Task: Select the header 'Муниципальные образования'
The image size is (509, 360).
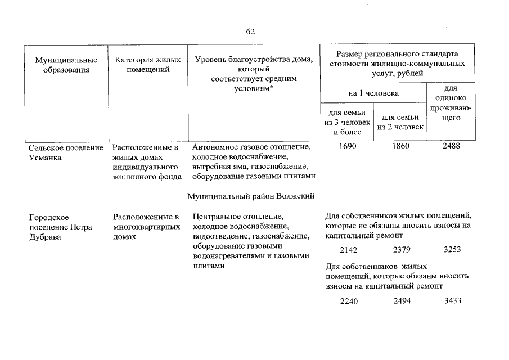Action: tap(66, 65)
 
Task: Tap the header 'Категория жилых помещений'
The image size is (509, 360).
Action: tap(147, 64)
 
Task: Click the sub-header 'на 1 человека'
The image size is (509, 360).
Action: tap(373, 93)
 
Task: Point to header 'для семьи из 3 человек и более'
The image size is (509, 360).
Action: tap(347, 122)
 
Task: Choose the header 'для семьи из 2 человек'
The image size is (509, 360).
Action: tap(401, 122)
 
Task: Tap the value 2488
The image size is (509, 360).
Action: tap(452, 146)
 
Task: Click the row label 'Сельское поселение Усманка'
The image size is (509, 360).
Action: tap(66, 152)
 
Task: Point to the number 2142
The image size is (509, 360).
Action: tap(349, 249)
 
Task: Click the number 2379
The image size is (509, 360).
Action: tap(402, 249)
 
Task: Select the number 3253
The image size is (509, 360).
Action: tap(453, 249)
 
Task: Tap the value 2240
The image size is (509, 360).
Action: tap(349, 301)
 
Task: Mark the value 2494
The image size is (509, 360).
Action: tap(402, 301)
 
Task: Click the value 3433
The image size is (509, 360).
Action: tap(453, 300)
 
